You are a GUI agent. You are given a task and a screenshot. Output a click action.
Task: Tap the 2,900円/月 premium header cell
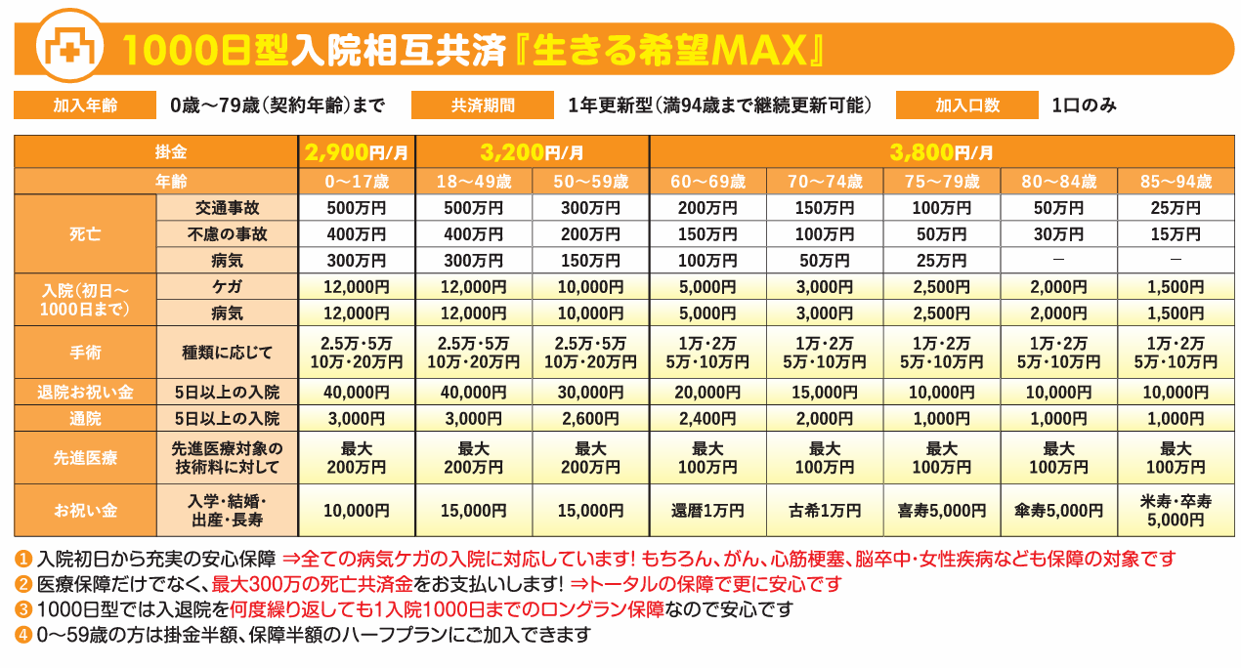(357, 152)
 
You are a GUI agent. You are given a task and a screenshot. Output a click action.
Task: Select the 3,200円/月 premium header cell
(532, 152)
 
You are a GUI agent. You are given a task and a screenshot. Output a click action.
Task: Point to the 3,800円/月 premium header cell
(941, 152)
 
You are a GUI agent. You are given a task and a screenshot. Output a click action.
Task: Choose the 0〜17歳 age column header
(357, 182)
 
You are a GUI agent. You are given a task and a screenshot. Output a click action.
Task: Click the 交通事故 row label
(227, 208)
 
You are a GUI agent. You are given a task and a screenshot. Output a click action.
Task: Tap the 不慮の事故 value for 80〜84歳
(1058, 234)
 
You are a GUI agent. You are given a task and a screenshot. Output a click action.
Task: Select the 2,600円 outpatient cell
(590, 418)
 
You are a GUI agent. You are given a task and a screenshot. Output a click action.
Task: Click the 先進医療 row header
(85, 458)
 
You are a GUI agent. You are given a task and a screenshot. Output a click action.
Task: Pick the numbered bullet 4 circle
(23, 635)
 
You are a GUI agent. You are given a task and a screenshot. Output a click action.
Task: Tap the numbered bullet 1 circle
(23, 560)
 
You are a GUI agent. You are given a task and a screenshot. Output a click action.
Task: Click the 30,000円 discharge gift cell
(590, 392)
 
